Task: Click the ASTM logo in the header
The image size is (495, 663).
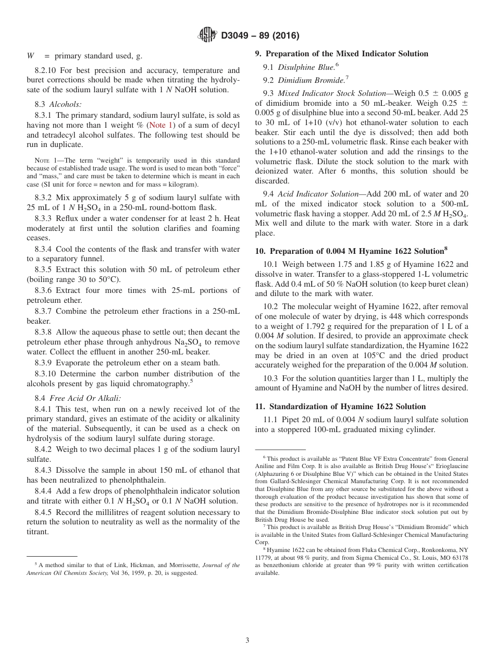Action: [208, 35]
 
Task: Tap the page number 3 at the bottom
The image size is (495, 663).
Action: [247, 640]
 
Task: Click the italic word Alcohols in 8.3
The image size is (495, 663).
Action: [66, 104]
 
